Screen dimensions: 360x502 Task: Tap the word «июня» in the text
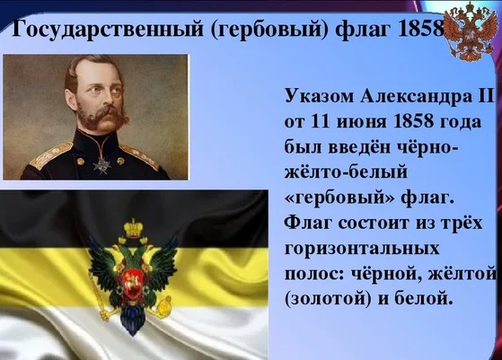pos(359,121)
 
